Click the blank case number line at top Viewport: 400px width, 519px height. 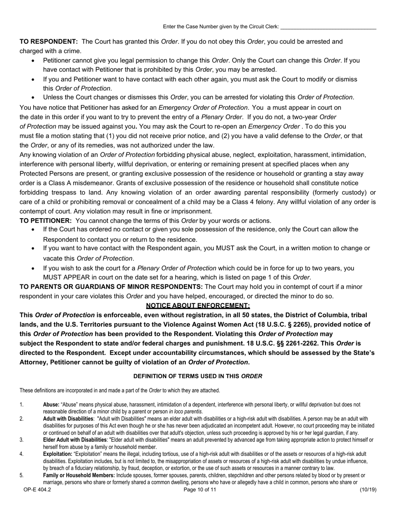[x=328, y=27]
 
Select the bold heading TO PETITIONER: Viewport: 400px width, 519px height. [x=46, y=221]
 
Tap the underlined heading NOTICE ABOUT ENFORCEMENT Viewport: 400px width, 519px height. [x=198, y=305]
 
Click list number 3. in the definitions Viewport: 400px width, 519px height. [x=22, y=440]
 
